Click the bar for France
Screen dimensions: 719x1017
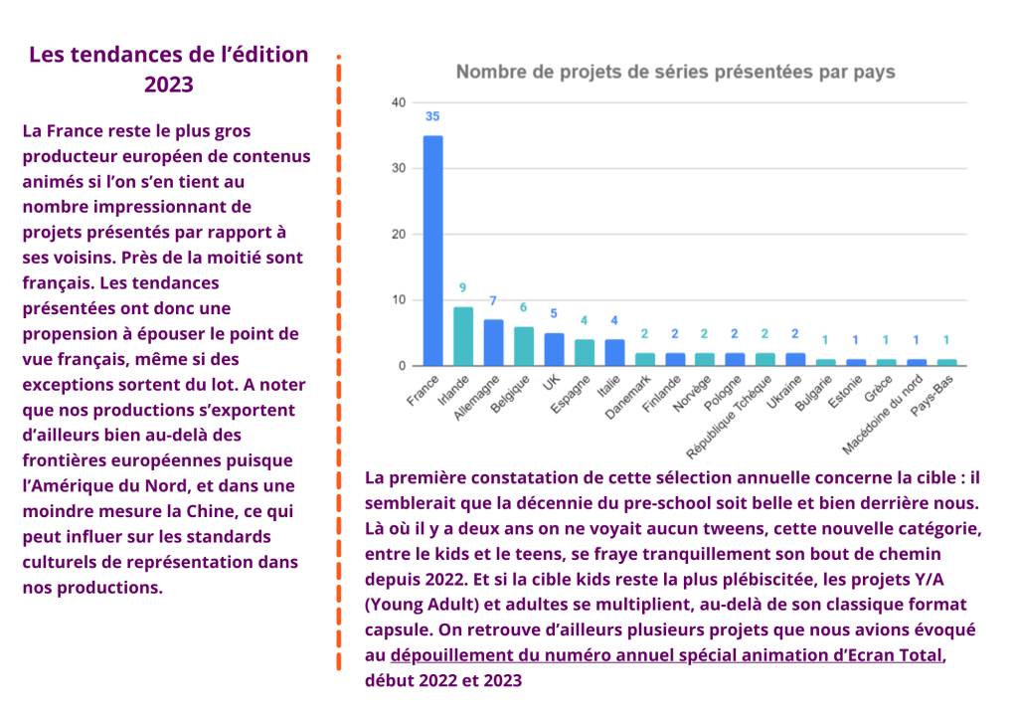432,251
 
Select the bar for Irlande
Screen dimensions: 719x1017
462,336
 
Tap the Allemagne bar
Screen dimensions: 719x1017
493,343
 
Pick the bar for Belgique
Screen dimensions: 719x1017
524,346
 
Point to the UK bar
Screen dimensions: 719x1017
554,349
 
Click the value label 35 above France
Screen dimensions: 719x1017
432,116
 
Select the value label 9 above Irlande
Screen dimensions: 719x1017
462,287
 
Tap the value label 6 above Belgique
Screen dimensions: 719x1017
524,307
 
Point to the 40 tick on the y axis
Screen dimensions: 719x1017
398,102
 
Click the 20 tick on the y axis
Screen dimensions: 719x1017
398,235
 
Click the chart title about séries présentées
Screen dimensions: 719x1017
675,72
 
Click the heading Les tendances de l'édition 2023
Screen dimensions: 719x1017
169,69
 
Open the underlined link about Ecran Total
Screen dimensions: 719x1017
667,655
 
